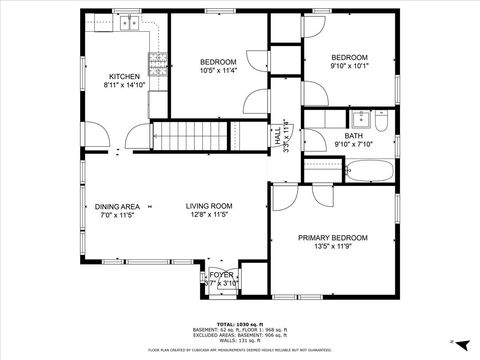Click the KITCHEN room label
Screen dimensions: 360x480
tap(124, 76)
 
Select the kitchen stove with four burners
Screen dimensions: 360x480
tap(158, 65)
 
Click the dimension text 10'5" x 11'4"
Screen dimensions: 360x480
tap(218, 71)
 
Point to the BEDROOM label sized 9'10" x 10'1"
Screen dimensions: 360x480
tap(349, 57)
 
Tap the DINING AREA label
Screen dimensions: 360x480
tap(117, 206)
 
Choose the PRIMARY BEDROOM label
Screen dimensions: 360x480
tap(332, 237)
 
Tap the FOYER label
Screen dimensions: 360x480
tap(221, 274)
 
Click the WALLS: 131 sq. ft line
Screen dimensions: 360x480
tap(240, 342)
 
